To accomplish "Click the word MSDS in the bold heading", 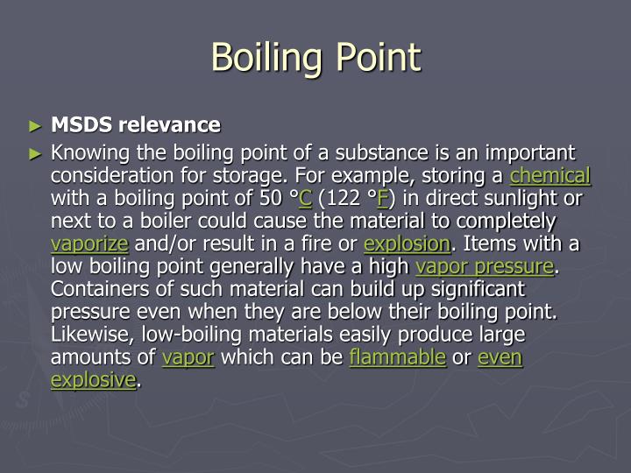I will [80, 124].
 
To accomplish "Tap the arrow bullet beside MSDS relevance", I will [34, 125].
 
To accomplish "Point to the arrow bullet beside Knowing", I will [34, 153].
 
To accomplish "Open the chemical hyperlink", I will [550, 175].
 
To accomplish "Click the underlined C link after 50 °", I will [306, 198].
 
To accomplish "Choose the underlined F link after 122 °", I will [383, 198].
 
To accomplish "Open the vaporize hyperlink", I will [89, 244].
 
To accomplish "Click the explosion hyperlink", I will [407, 244].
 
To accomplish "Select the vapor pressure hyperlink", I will [485, 266].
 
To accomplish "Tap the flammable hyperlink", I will [397, 357].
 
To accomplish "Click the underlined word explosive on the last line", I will [94, 380].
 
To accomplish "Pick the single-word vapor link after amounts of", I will [188, 357].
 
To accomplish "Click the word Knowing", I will [89, 152].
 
